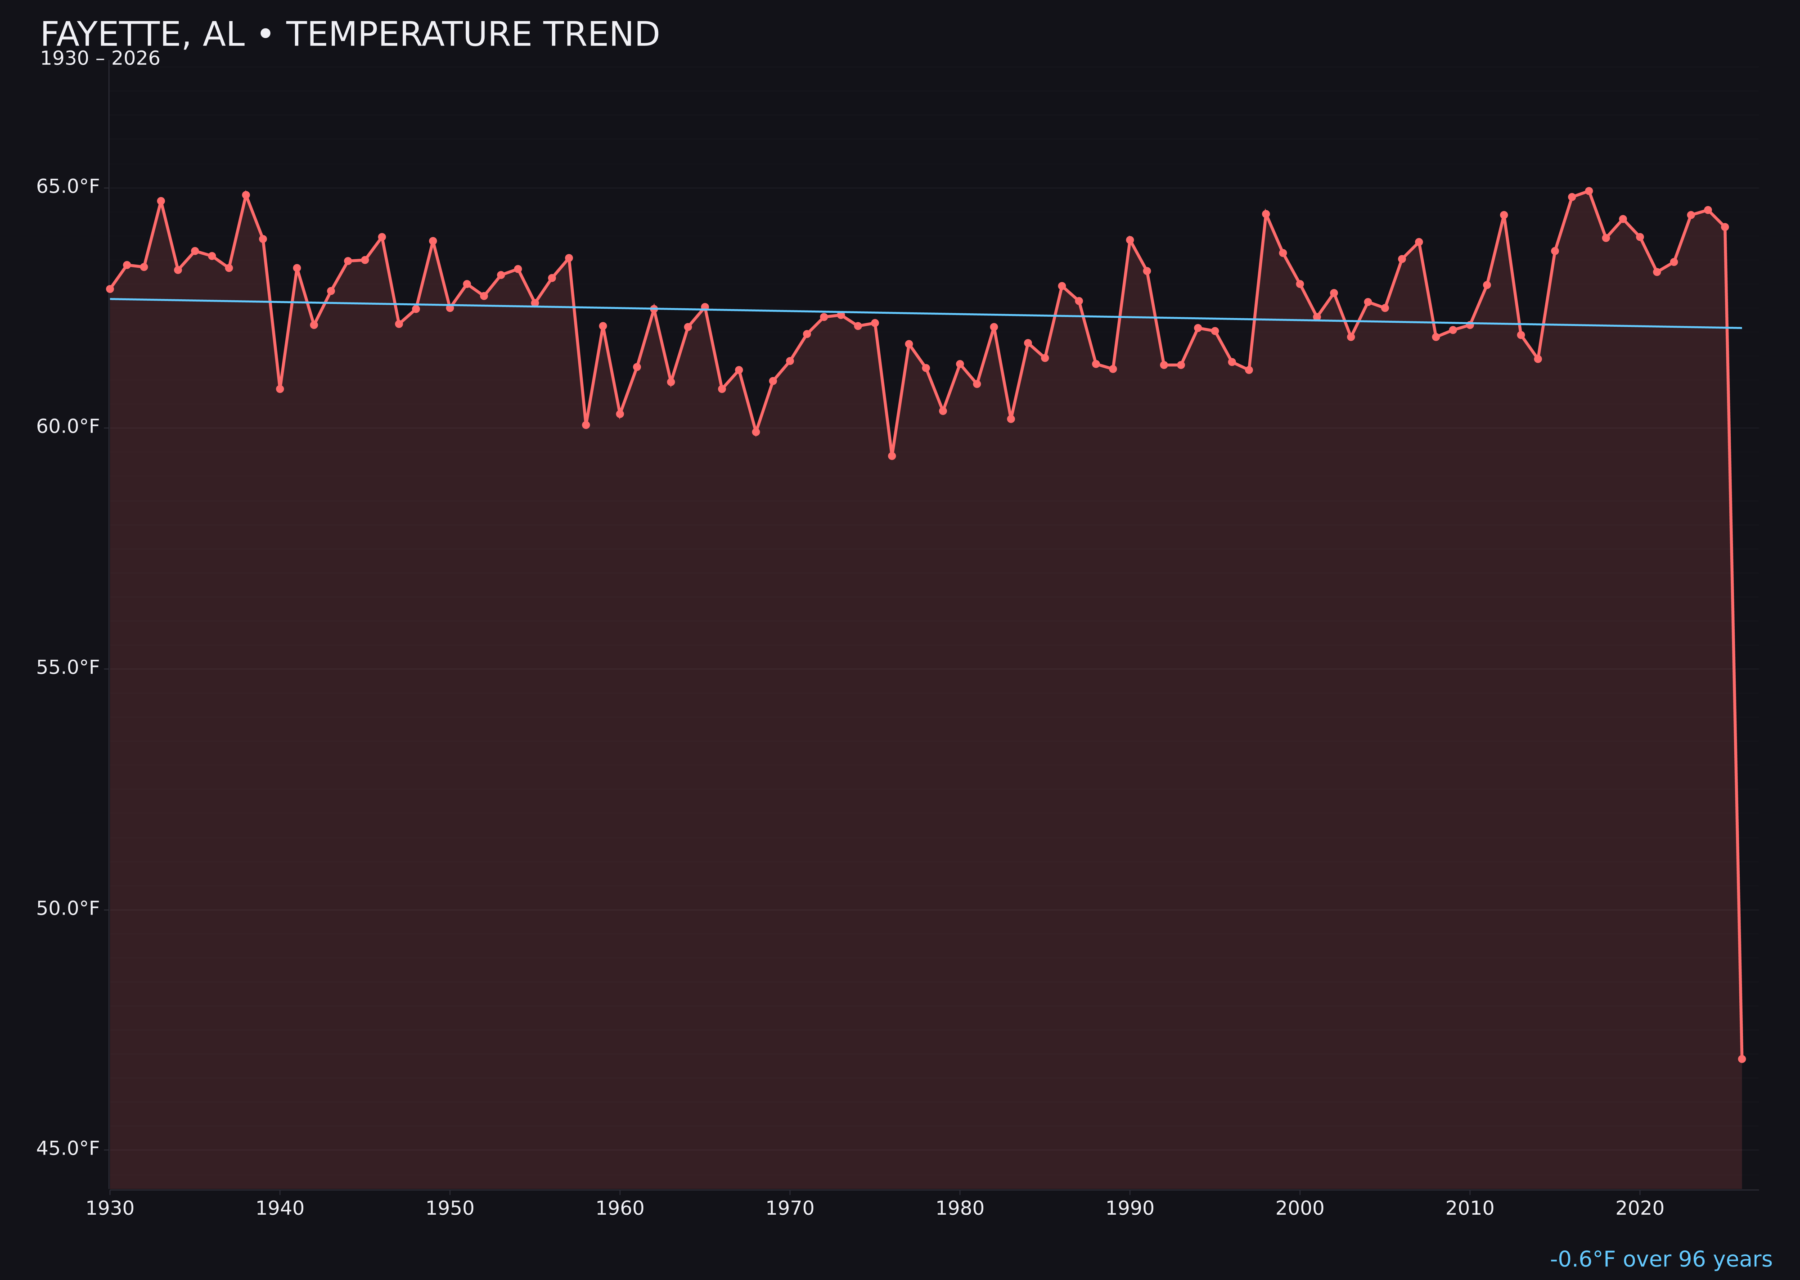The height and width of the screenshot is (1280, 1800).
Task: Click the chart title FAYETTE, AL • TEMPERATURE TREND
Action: click(x=349, y=35)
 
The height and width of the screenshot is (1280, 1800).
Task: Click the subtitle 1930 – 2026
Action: click(x=100, y=59)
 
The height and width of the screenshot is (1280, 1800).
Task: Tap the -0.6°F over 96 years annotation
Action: click(x=1660, y=1259)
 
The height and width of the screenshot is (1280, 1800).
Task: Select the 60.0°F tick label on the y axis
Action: click(x=68, y=426)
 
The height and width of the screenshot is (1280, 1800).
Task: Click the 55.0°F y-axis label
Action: click(x=68, y=667)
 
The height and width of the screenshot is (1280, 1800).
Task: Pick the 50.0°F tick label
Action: click(x=68, y=908)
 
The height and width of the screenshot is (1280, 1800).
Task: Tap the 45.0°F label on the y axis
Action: click(x=68, y=1149)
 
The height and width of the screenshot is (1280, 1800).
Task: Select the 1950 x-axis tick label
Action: click(x=450, y=1208)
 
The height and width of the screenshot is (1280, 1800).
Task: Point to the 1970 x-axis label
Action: click(x=790, y=1208)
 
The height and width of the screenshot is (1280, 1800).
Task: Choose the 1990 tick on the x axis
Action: click(x=1129, y=1208)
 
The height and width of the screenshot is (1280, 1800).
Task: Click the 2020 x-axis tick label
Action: click(x=1639, y=1208)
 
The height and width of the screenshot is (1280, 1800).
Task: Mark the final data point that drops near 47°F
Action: click(x=1741, y=1059)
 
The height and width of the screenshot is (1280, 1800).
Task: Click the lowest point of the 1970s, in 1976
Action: click(x=892, y=455)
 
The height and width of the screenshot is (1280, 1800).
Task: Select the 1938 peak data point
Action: click(x=246, y=195)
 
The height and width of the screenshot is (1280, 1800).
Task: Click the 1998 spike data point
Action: click(x=1266, y=214)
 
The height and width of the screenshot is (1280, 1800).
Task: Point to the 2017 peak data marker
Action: click(x=1589, y=191)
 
